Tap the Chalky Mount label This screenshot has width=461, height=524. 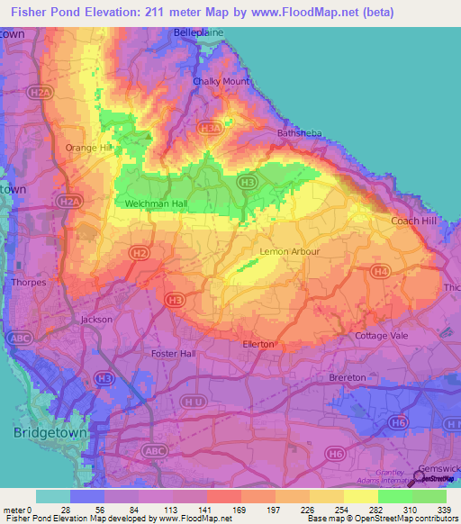(221, 81)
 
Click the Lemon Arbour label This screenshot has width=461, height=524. (289, 251)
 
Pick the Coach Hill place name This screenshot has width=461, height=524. (413, 221)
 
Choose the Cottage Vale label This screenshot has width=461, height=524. (382, 336)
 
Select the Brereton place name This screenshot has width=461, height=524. (348, 377)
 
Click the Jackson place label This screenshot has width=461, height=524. (96, 320)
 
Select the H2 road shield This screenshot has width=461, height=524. (138, 254)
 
